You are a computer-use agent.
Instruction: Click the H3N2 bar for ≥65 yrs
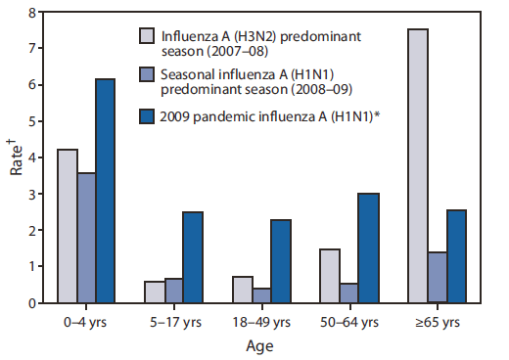(417, 166)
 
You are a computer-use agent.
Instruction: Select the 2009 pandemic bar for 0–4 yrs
(105, 191)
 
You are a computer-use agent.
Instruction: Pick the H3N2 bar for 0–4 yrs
(67, 226)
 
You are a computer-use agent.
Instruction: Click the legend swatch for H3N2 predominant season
(148, 38)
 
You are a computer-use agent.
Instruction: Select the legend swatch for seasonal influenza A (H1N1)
(148, 75)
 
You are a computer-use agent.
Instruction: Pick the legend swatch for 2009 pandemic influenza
(148, 115)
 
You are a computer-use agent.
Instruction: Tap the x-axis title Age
(260, 345)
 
